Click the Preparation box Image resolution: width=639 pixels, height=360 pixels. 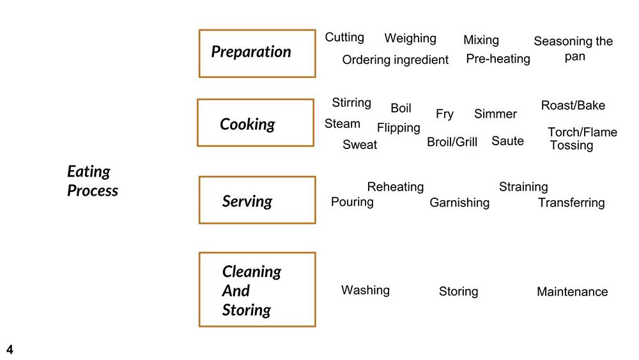(x=257, y=54)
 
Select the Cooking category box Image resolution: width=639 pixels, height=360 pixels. (x=256, y=123)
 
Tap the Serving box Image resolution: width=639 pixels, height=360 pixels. (x=257, y=200)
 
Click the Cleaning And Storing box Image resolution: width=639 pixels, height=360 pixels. (x=257, y=290)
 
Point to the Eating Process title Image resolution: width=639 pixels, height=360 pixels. (x=93, y=181)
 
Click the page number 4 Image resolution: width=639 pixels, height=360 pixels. (x=10, y=349)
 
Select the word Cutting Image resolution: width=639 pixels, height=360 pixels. (x=344, y=37)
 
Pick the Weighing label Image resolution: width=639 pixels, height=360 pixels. (x=410, y=38)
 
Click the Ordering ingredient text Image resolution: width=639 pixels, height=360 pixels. (x=396, y=60)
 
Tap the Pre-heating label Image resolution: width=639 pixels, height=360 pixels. (x=498, y=59)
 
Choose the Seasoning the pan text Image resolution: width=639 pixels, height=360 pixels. (x=573, y=49)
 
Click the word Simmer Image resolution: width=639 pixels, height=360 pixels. (x=495, y=114)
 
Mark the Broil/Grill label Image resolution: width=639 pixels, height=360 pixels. (x=452, y=142)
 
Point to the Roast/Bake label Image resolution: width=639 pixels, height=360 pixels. (x=573, y=106)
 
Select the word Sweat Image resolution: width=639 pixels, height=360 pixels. (x=360, y=145)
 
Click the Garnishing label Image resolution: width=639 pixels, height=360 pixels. (x=459, y=203)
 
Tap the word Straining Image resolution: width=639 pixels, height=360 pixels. (x=523, y=187)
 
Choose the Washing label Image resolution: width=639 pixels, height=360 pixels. (x=366, y=290)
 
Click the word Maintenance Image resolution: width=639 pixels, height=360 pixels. (x=572, y=292)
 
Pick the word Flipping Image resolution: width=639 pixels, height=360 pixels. (x=399, y=128)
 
